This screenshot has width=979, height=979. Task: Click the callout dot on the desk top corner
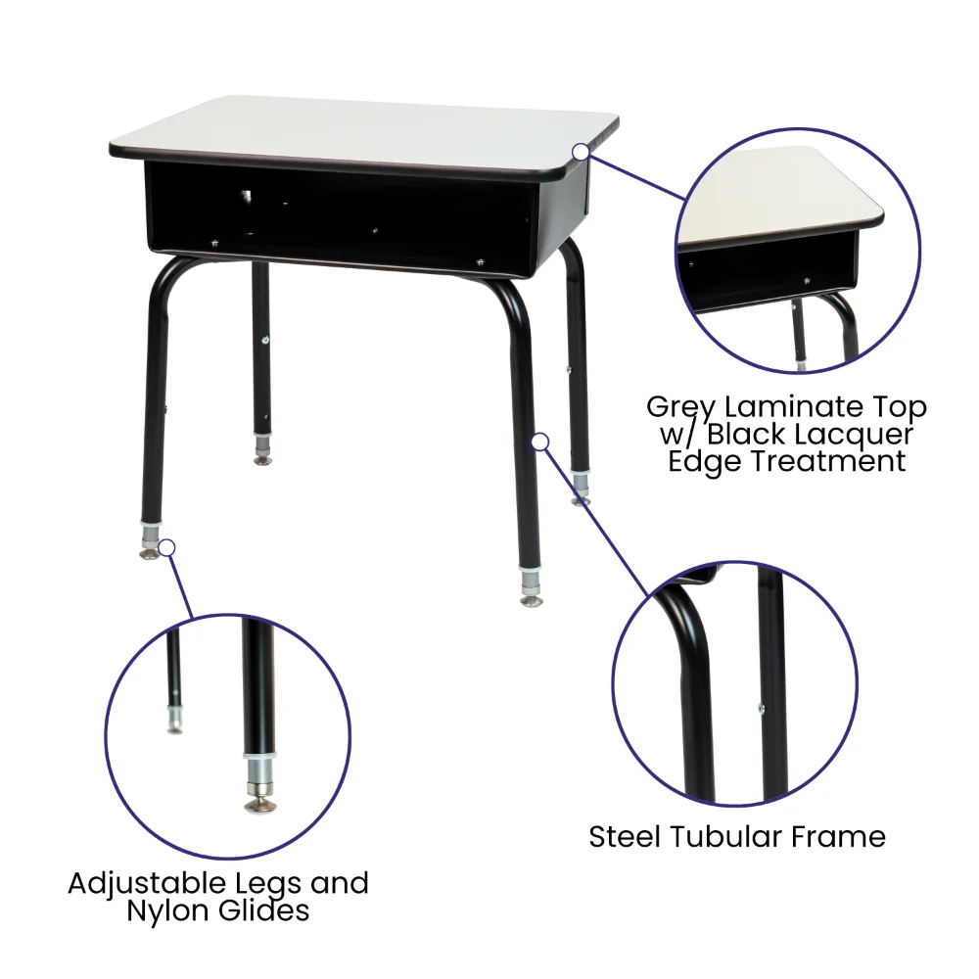pos(581,151)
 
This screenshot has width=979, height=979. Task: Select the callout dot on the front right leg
pos(540,443)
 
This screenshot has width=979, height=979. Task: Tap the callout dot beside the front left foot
pos(166,547)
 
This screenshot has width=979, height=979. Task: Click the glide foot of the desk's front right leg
pos(531,601)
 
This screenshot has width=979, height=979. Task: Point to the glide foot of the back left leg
pos(262,460)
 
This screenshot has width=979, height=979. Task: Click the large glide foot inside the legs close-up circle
pos(259,806)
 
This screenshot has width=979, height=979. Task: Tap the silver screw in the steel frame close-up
pos(761,708)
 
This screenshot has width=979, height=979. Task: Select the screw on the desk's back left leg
pos(265,340)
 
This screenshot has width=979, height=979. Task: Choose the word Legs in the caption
pos(268,884)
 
